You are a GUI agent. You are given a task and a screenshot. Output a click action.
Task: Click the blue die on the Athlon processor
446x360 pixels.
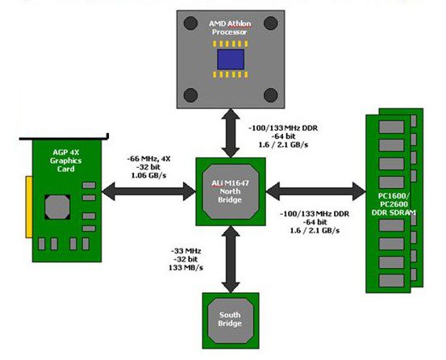(x=231, y=59)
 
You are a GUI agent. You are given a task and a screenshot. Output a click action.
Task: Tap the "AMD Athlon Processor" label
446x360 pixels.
(x=230, y=27)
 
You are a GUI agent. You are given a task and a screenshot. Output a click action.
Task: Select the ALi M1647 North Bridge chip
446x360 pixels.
(x=231, y=191)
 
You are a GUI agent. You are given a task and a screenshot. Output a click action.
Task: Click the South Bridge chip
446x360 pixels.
(x=231, y=320)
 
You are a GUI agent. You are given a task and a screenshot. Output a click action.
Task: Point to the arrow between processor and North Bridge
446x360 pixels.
(x=231, y=133)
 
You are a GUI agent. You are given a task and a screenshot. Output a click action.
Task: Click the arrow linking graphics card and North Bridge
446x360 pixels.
(x=148, y=191)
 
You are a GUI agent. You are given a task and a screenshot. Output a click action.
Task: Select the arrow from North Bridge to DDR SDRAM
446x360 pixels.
(x=315, y=191)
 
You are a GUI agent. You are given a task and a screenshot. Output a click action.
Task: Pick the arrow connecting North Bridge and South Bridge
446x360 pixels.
(x=231, y=259)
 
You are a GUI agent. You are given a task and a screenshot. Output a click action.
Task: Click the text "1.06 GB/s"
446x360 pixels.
(x=148, y=175)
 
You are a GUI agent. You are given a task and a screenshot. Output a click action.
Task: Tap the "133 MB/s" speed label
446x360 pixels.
(x=185, y=267)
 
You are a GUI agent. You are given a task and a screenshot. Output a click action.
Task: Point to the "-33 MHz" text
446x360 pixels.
(x=185, y=251)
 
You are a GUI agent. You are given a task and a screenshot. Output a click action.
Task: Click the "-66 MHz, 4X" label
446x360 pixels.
(x=148, y=159)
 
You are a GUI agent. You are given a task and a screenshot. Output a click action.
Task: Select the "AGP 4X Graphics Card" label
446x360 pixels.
(x=66, y=161)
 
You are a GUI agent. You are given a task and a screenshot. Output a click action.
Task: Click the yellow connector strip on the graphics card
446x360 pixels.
(x=29, y=207)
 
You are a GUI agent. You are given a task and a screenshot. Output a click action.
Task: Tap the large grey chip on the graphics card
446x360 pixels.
(x=57, y=207)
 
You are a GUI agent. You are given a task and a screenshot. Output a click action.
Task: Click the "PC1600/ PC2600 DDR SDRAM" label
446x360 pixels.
(x=394, y=204)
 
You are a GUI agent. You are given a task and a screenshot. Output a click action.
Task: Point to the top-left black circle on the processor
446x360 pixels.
(x=190, y=23)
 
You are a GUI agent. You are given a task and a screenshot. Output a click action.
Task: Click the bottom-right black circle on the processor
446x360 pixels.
(x=271, y=95)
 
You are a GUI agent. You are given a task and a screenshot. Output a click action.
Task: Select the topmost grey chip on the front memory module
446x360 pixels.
(x=391, y=127)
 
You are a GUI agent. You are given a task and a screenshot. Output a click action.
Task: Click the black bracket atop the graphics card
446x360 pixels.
(x=64, y=138)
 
